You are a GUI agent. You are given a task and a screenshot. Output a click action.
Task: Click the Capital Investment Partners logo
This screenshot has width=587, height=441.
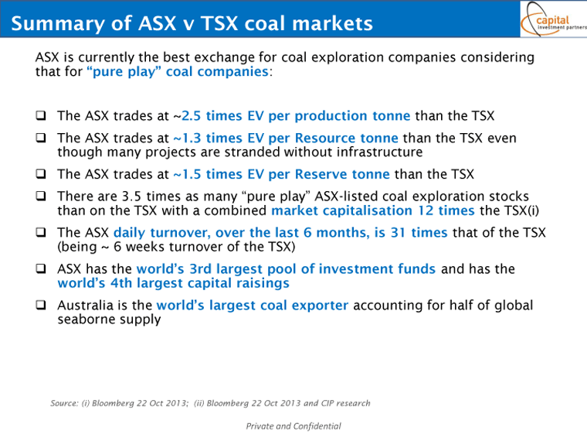pyautogui.click(x=554, y=19)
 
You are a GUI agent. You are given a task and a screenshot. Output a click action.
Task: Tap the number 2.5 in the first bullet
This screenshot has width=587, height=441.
pyautogui.click(x=192, y=116)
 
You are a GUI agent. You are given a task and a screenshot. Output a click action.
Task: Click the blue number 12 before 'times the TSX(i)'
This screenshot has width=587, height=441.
pyautogui.click(x=426, y=210)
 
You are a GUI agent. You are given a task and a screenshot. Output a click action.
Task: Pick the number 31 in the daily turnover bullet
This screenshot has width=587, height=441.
pyautogui.click(x=398, y=233)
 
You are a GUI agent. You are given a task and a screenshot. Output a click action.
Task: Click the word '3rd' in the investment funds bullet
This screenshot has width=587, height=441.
pyautogui.click(x=200, y=269)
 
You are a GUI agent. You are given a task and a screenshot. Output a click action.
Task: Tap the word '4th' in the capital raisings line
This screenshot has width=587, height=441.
pyautogui.click(x=121, y=283)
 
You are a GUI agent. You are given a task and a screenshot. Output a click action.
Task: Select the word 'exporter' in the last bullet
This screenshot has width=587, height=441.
pyautogui.click(x=320, y=306)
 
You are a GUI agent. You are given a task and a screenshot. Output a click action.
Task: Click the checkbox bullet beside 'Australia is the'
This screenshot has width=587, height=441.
pyautogui.click(x=41, y=305)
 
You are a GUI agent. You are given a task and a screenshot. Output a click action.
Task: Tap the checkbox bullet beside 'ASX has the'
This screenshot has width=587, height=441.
pyautogui.click(x=41, y=268)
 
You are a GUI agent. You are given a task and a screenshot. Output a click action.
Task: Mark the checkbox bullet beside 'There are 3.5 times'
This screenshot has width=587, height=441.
pyautogui.click(x=41, y=196)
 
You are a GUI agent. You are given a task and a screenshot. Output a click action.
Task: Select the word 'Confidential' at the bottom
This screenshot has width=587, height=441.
pyautogui.click(x=317, y=426)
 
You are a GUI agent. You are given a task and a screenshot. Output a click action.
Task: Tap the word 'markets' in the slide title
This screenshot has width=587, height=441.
pyautogui.click(x=332, y=24)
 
